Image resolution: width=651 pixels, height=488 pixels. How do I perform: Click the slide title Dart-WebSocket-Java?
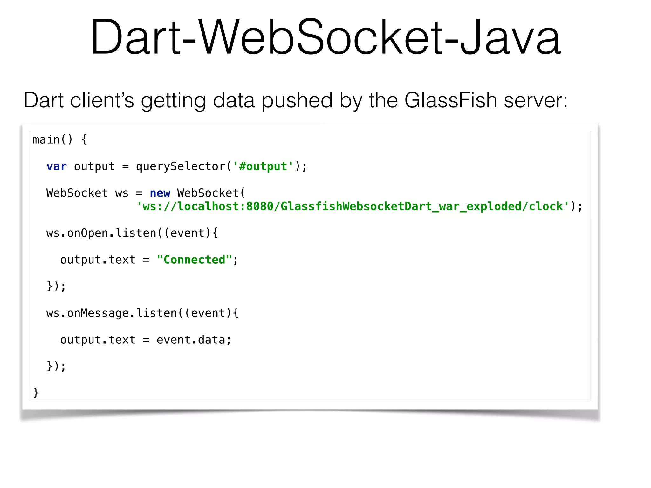point(325,37)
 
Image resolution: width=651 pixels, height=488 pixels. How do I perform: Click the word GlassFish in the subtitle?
point(450,100)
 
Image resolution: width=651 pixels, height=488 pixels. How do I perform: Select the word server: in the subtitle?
point(536,100)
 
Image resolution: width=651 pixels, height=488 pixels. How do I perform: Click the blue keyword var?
point(56,166)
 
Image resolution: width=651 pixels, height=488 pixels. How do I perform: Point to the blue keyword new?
point(160,193)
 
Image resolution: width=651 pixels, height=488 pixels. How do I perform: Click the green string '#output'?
point(263,166)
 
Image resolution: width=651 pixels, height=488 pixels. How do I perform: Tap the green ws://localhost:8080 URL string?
point(353,207)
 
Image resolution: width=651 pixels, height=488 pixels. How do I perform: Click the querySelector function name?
point(181,166)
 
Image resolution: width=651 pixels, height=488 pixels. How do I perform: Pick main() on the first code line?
point(52,140)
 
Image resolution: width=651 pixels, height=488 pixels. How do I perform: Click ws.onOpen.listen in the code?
point(101,233)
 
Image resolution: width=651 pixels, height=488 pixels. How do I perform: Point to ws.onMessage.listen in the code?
point(111,313)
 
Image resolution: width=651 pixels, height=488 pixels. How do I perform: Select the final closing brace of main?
point(36,393)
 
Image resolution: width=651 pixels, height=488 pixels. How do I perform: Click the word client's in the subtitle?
point(102,100)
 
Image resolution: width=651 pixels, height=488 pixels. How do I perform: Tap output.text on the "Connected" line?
point(98,260)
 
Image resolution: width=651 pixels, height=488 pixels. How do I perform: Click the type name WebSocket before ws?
point(77,193)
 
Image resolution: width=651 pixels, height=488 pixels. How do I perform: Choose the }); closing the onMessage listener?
point(56,366)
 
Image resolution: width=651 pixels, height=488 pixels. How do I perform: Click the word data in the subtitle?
point(234,100)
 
